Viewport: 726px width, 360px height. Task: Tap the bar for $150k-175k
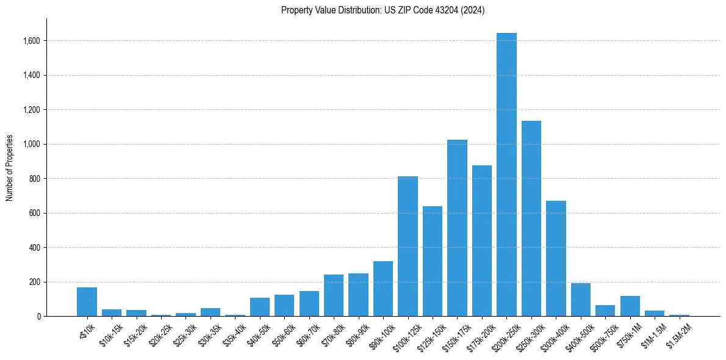(457, 228)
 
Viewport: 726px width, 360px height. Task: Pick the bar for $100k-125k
(408, 247)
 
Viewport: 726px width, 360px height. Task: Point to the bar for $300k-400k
(556, 259)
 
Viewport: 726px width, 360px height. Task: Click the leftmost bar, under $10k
(87, 302)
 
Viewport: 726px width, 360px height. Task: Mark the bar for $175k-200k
(482, 241)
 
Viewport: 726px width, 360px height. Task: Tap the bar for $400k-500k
(581, 300)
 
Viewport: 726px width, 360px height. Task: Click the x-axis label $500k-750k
(604, 334)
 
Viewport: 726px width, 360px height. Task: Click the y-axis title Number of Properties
(9, 167)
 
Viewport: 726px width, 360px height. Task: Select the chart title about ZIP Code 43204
(383, 10)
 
